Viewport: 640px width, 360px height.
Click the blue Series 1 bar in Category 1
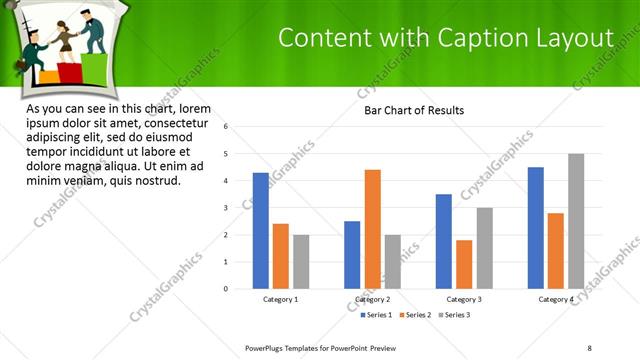coord(261,231)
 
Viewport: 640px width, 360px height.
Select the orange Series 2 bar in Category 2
coord(372,229)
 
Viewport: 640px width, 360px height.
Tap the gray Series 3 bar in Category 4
coord(576,221)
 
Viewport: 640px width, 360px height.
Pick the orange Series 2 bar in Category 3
coord(464,264)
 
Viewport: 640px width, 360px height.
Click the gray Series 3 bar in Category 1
coord(301,262)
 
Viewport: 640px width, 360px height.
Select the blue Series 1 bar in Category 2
coord(352,255)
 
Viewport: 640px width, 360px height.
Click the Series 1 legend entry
coord(376,315)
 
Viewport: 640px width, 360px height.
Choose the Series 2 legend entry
coord(418,315)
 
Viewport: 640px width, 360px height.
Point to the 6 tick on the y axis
coord(227,127)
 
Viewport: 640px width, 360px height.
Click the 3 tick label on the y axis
coord(227,208)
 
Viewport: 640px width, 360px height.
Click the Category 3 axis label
coord(464,299)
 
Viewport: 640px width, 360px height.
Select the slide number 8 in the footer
coord(589,347)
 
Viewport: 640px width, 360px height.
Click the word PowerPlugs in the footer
coord(266,347)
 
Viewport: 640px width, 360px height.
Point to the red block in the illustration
coord(72,73)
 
